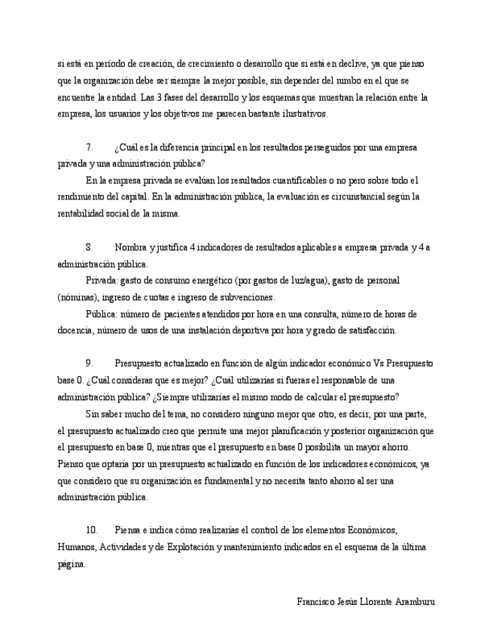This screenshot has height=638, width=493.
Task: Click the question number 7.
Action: pyautogui.click(x=89, y=147)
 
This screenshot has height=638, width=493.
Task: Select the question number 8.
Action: pyautogui.click(x=89, y=248)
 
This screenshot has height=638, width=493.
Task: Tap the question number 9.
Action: pyautogui.click(x=89, y=363)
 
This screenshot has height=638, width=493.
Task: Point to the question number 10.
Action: pyautogui.click(x=92, y=530)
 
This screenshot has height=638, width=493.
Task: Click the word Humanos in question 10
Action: pyautogui.click(x=76, y=547)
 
